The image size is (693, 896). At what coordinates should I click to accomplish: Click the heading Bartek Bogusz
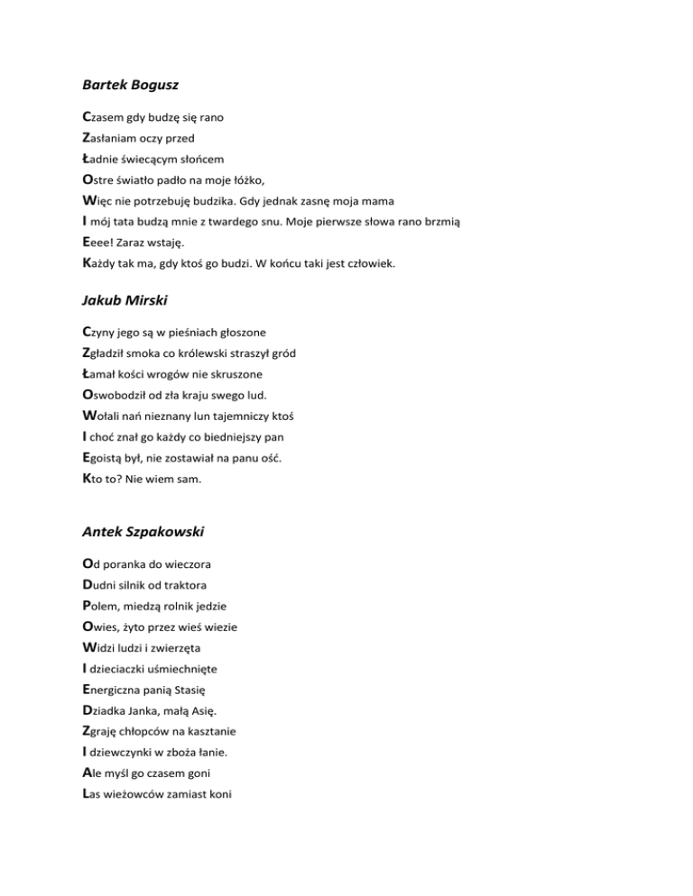[130, 85]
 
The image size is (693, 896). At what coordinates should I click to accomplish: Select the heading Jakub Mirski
[125, 298]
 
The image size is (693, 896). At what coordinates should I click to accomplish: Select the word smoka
[155, 352]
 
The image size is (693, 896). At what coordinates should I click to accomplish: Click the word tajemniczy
[240, 416]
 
